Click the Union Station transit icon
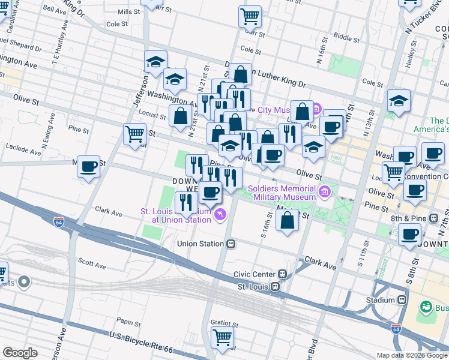point(231,244)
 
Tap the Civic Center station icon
point(282,274)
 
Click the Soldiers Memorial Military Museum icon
point(325,192)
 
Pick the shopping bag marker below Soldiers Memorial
point(288,220)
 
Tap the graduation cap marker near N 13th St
point(399,101)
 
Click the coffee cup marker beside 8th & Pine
point(410,235)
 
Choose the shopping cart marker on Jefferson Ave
point(134,134)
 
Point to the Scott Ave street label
point(92,265)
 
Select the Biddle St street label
point(346,37)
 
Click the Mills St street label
point(128,11)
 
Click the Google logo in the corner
point(20,353)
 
